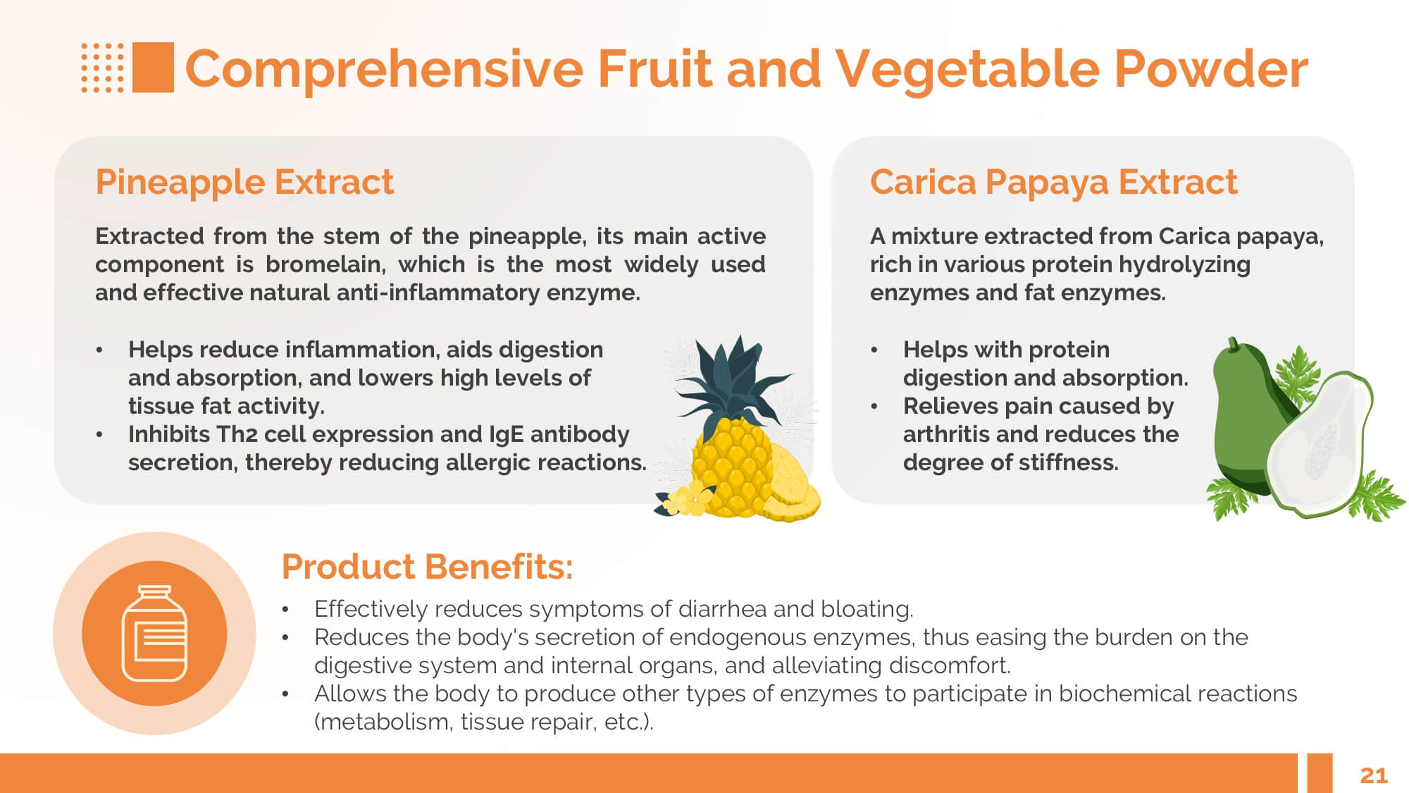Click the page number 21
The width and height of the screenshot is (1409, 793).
1373,775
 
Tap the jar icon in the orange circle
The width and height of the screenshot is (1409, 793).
154,633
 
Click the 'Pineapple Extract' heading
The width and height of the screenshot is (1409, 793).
244,182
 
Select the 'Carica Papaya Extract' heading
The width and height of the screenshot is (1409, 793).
1053,183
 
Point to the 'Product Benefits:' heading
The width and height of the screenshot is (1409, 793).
427,566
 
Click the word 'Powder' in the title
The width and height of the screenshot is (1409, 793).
1210,69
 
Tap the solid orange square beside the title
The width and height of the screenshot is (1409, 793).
153,68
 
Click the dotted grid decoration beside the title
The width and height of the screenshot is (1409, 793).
102,68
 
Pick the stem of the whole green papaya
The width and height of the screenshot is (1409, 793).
1233,343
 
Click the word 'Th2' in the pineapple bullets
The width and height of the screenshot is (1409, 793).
236,434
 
